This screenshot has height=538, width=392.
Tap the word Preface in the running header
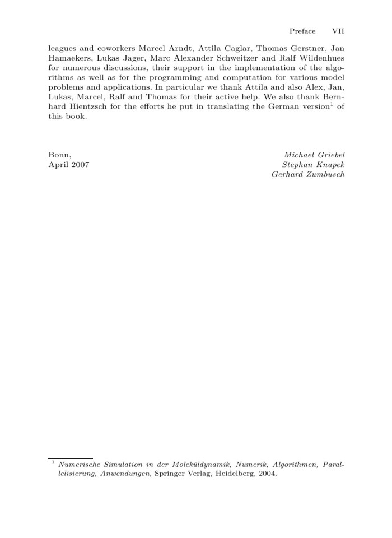coord(302,31)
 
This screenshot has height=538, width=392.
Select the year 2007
coord(79,164)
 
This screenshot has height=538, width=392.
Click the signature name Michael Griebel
coord(314,155)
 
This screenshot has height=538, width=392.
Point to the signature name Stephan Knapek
coord(314,164)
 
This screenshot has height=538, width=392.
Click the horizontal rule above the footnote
coord(71,458)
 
